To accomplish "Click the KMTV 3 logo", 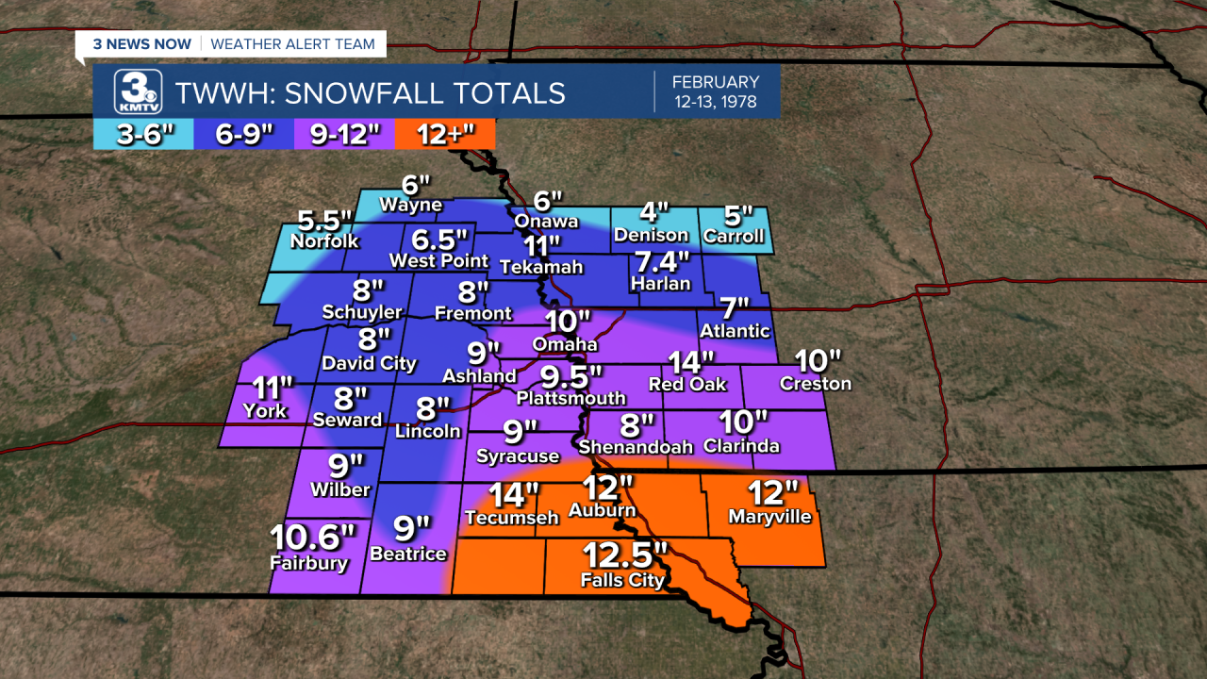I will coord(138,91).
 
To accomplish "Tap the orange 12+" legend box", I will coord(445,135).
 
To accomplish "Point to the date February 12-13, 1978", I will coord(716,91).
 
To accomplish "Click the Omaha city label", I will coord(564,344).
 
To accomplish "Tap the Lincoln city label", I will coord(428,431).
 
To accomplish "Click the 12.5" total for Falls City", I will coord(624,554).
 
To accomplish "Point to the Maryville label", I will coord(769,517).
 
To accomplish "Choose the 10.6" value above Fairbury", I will coord(313,538).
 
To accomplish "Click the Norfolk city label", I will coord(324,241).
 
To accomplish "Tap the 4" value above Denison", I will coord(651,211).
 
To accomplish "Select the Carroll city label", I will coord(733,236).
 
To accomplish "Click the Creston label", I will coord(815,384).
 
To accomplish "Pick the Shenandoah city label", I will coord(636,446).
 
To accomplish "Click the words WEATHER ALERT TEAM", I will coord(292,44).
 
